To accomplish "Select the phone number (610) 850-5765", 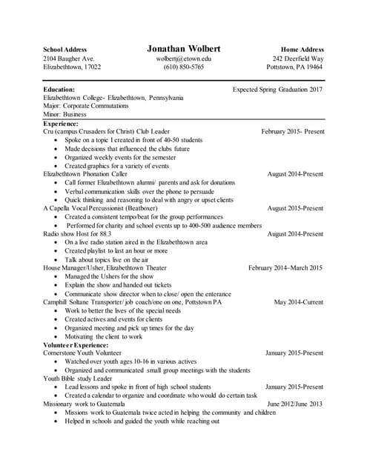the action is tap(183, 67).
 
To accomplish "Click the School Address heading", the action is tap(65, 50).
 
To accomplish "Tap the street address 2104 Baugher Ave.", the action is tap(68, 59).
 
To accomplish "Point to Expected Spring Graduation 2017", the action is tap(277, 89).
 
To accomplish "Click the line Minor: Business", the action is tap(65, 115).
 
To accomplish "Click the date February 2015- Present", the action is tap(292, 132).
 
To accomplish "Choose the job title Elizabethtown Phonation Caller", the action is tap(85, 174).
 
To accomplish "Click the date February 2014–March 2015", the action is tap(285, 268).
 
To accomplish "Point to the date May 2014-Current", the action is tap(298, 302).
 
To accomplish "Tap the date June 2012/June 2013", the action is tap(294, 404).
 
